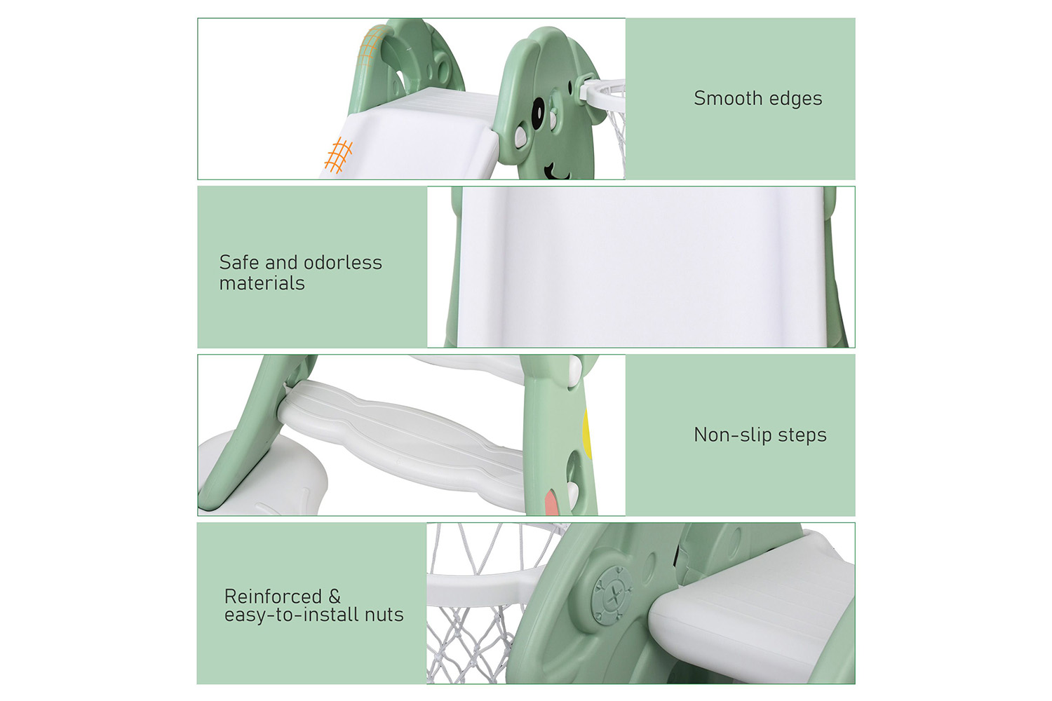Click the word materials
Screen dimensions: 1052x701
262,283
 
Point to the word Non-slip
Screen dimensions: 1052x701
733,436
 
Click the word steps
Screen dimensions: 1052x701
802,436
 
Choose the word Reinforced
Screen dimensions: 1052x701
273,597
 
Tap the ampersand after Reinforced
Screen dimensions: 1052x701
335,597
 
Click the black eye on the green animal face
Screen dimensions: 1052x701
537,113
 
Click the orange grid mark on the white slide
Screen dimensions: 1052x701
338,155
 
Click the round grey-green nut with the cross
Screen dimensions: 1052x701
612,595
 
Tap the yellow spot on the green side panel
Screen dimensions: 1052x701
586,435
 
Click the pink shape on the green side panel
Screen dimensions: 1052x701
551,501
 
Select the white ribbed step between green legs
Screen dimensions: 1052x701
402,442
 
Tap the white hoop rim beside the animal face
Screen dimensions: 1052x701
603,96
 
